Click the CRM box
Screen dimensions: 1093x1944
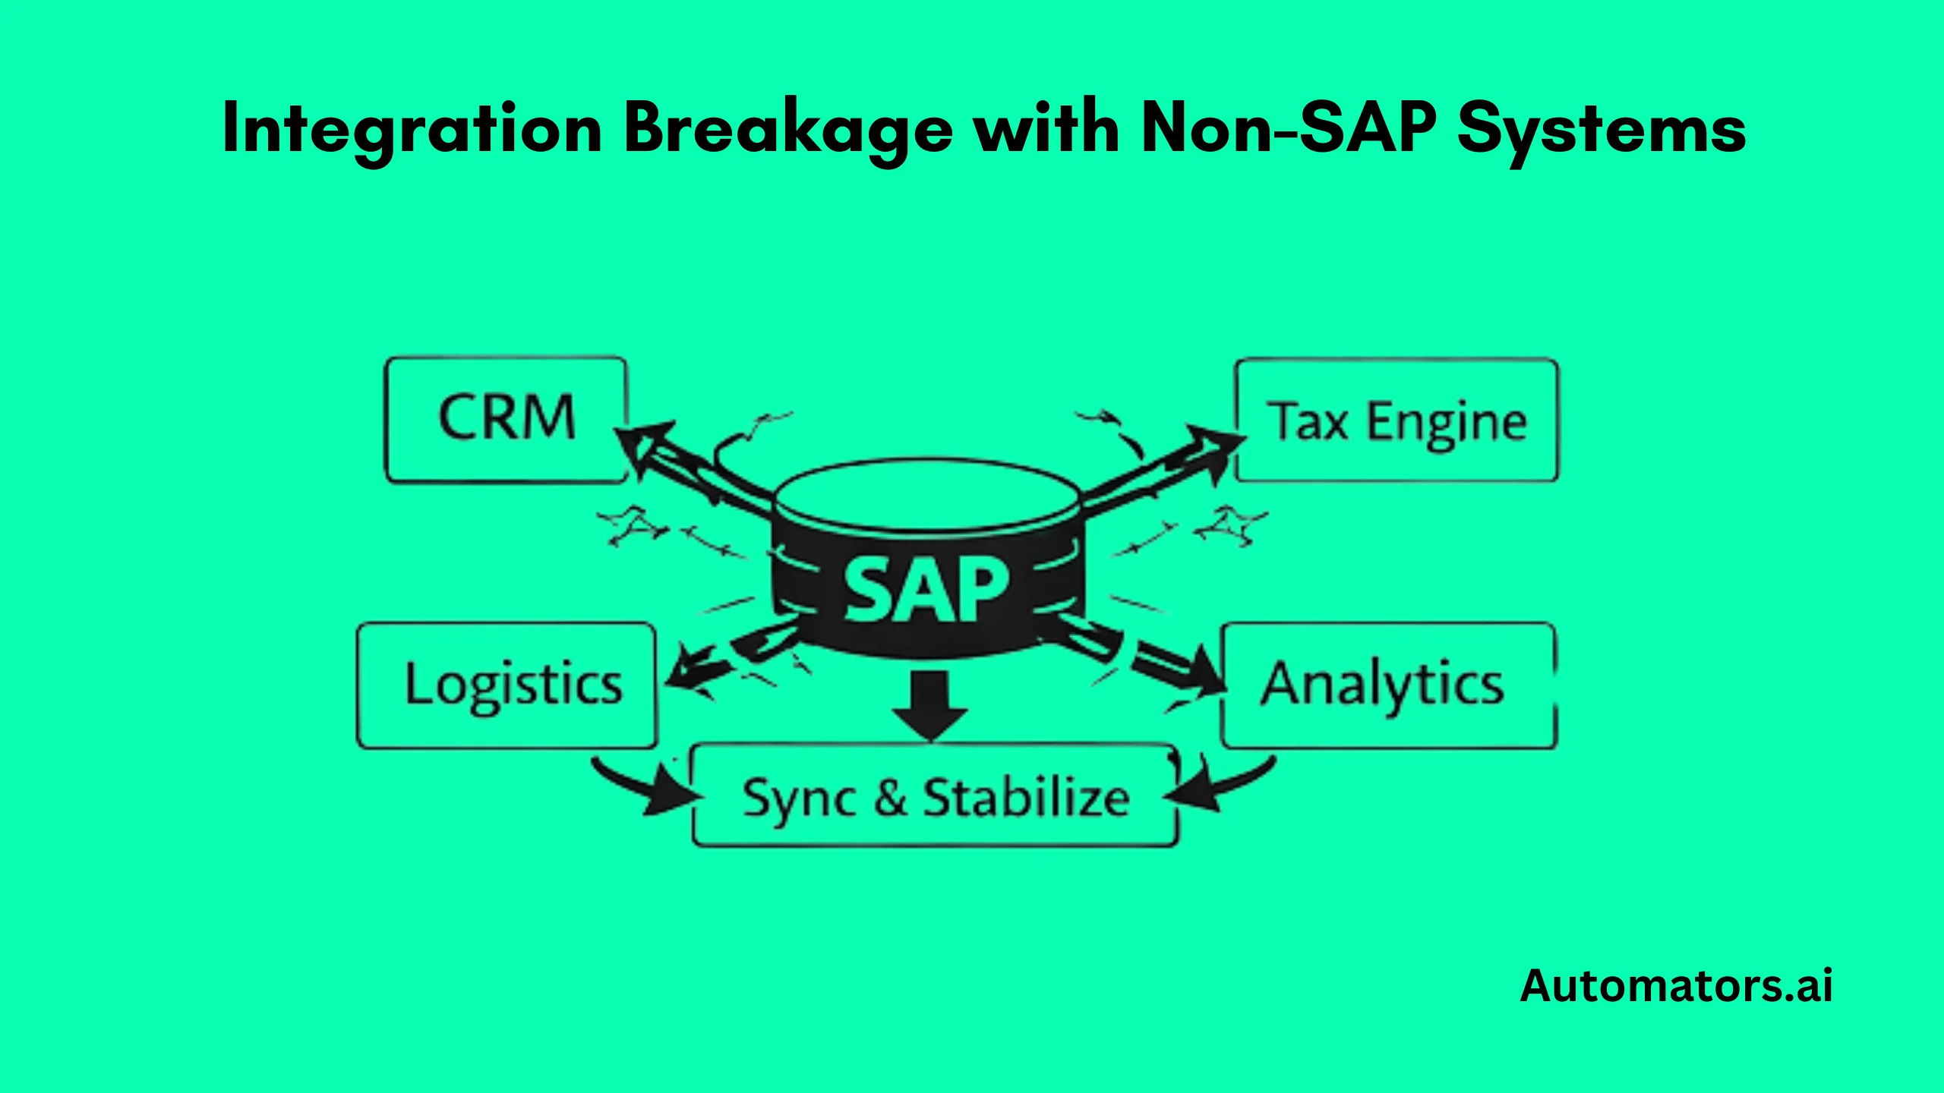pos(506,419)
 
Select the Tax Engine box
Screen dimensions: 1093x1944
pos(1396,421)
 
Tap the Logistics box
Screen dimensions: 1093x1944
pos(507,685)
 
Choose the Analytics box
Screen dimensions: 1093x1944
pos(1387,685)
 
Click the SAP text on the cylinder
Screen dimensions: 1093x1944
pos(926,589)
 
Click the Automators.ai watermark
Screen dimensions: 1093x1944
pos(1676,986)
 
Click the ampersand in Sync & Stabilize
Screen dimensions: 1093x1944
pos(890,797)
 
